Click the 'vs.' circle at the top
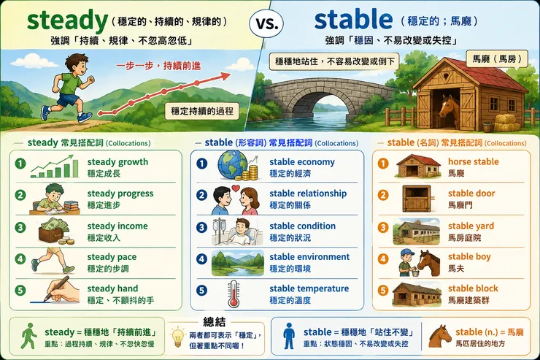pyautogui.click(x=266, y=23)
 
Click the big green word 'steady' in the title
pyautogui.click(x=67, y=20)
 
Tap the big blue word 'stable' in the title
pyautogui.click(x=353, y=20)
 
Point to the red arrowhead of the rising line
pyautogui.click(x=225, y=76)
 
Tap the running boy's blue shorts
pyautogui.click(x=68, y=99)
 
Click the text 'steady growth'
pyautogui.click(x=117, y=161)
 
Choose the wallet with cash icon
pyautogui.click(x=55, y=231)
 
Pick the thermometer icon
pyautogui.click(x=234, y=294)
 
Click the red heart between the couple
pyautogui.click(x=236, y=188)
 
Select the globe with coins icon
pyautogui.click(x=238, y=165)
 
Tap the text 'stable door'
pyautogui.click(x=471, y=194)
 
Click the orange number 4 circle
pyautogui.click(x=383, y=258)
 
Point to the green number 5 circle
pyautogui.click(x=20, y=290)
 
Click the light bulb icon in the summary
pyautogui.click(x=178, y=337)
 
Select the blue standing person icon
pyautogui.click(x=288, y=336)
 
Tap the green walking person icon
pyautogui.click(x=29, y=336)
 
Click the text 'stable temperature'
pyautogui.click(x=309, y=288)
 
